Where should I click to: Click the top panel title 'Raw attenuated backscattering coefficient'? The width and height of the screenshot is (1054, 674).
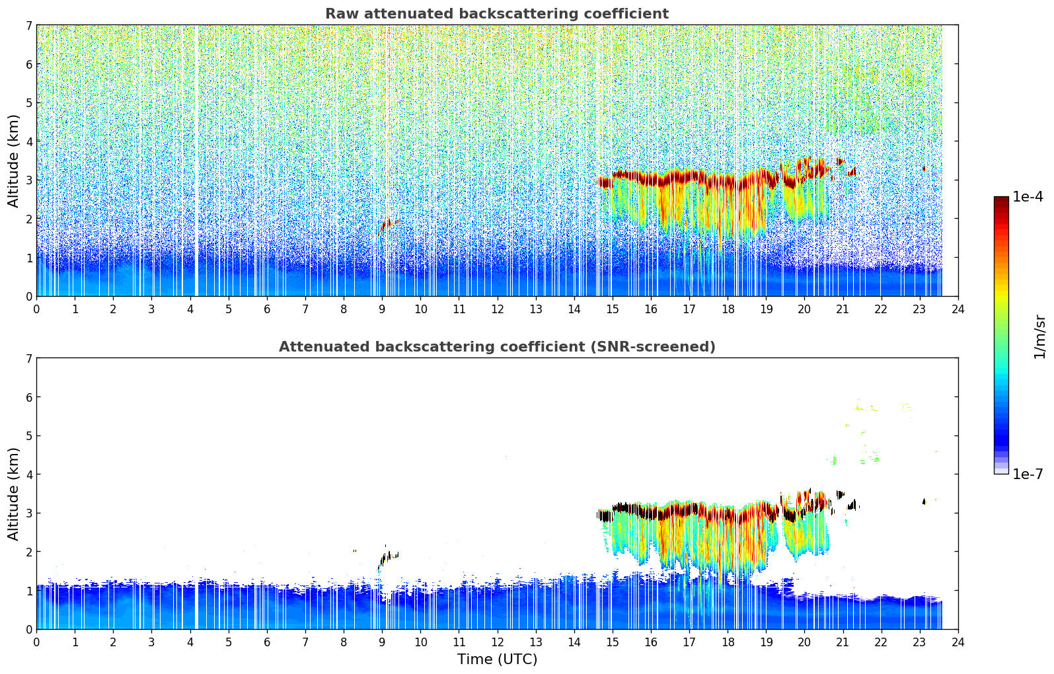[x=496, y=14]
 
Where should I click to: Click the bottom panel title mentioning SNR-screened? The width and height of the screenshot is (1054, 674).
[x=496, y=347]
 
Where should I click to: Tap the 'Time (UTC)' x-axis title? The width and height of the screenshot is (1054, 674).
[x=497, y=659]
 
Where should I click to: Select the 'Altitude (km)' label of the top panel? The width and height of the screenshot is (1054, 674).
[x=14, y=161]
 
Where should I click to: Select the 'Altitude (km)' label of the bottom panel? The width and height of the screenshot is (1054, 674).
[x=14, y=494]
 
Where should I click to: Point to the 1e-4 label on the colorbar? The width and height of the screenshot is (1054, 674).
[x=1028, y=197]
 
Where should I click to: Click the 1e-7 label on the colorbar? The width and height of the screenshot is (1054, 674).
[x=1028, y=474]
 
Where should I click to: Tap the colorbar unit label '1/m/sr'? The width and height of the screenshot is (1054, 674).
[x=1039, y=336]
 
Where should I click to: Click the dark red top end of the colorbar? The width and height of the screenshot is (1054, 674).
[x=1000, y=200]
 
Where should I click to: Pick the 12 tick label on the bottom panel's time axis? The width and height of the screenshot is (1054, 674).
[x=497, y=642]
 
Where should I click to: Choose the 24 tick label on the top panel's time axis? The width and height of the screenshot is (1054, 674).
[x=958, y=309]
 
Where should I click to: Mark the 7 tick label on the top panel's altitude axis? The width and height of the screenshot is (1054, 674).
[x=29, y=26]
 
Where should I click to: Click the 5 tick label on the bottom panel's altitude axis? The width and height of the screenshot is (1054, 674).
[x=29, y=436]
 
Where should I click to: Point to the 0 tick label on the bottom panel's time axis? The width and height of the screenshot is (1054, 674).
[x=36, y=642]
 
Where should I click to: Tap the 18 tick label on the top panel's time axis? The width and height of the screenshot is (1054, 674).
[x=728, y=309]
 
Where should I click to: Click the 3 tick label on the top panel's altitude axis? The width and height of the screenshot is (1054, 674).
[x=29, y=180]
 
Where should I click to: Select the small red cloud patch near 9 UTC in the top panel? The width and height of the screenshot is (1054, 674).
[x=386, y=224]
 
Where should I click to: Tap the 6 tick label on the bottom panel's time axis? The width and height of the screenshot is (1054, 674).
[x=267, y=642]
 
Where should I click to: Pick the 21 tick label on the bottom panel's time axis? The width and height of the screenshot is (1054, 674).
[x=843, y=642]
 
